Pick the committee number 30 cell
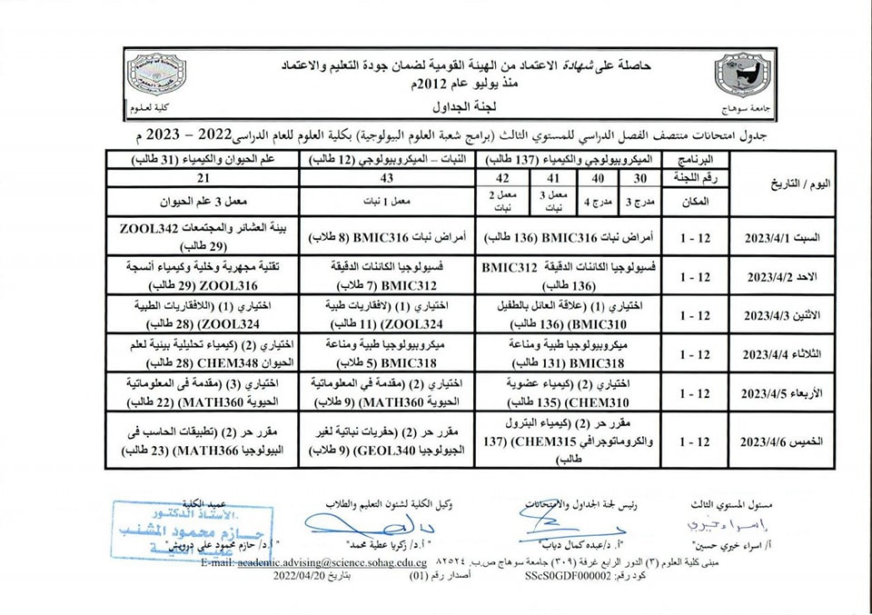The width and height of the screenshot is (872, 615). [x=640, y=179]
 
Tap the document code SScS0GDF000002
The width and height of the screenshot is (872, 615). [x=563, y=576]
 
